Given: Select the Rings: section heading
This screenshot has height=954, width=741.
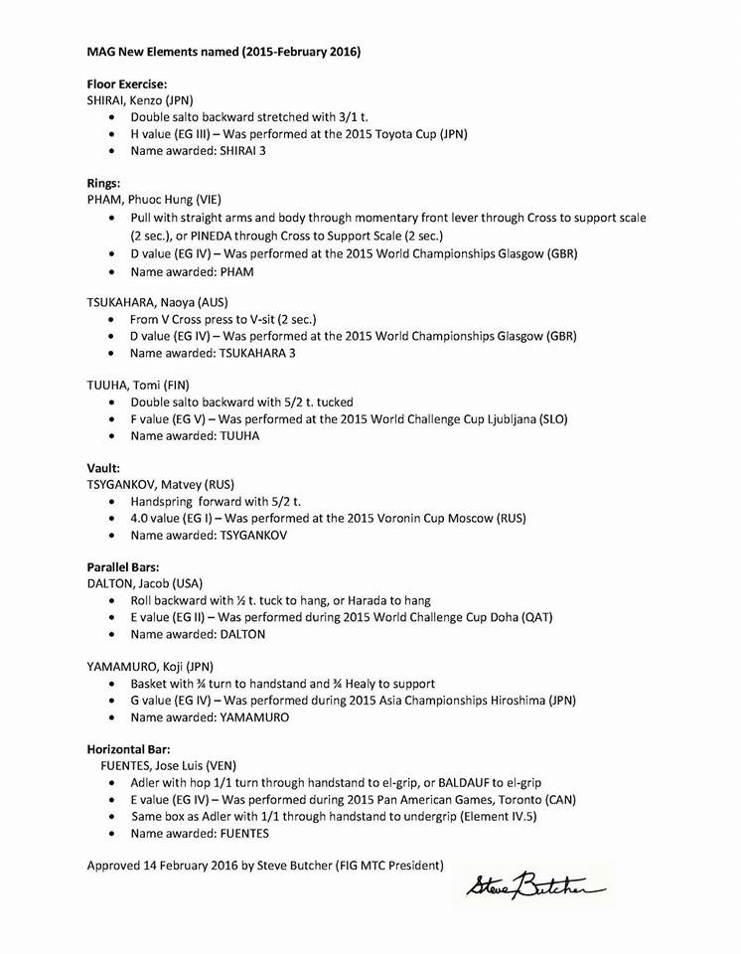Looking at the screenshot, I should pyautogui.click(x=104, y=183).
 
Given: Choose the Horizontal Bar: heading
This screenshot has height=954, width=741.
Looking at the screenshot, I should pyautogui.click(x=131, y=748).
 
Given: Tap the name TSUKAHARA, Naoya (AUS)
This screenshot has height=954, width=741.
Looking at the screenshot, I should pyautogui.click(x=165, y=302).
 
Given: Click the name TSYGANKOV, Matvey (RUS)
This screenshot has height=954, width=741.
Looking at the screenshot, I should pyautogui.click(x=161, y=485).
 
